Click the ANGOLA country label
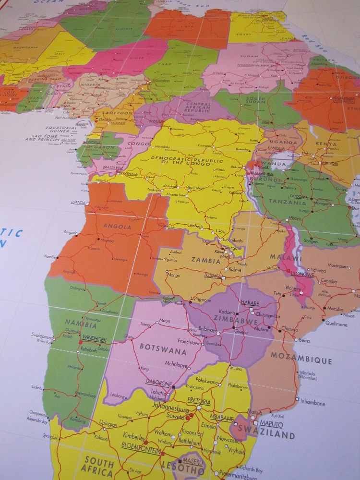click(113, 227)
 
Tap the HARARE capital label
click(250, 303)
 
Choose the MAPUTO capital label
click(271, 424)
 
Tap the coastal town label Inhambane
click(312, 403)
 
